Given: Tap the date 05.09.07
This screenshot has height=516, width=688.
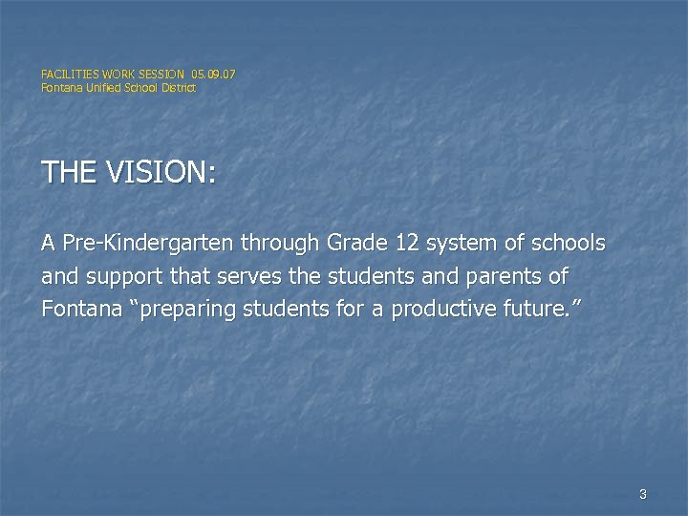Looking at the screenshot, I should click(213, 73).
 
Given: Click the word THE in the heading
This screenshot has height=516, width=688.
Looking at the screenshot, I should click(66, 173).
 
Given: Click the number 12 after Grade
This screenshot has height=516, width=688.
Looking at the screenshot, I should click(407, 245).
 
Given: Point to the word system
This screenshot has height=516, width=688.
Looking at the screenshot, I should click(462, 245).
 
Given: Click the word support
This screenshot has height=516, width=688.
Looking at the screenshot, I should click(120, 278).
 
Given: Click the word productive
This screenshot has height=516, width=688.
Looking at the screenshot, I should click(435, 312).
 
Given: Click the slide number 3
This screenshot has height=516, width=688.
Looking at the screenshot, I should click(642, 494).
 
